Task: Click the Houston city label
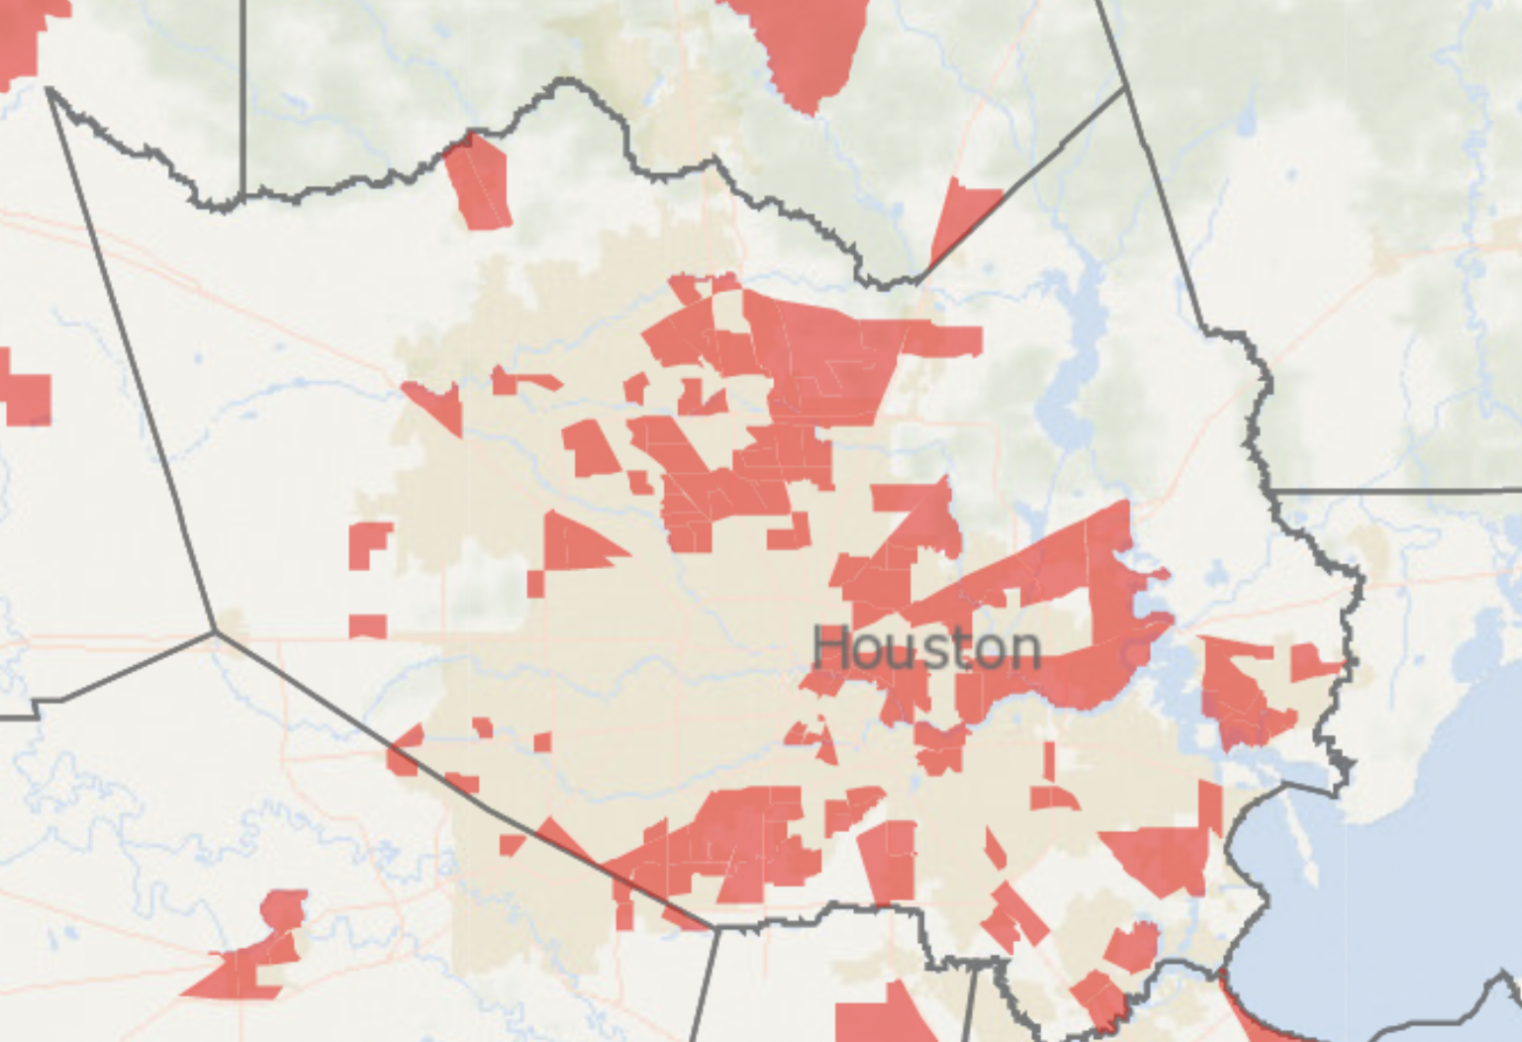[926, 649]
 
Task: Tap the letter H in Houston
[832, 649]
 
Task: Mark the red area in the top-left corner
[25, 40]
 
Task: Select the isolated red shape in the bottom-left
[256, 957]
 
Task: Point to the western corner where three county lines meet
[214, 631]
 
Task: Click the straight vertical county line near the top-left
[244, 99]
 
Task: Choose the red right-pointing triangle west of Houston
[575, 543]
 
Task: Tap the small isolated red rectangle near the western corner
[368, 626]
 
